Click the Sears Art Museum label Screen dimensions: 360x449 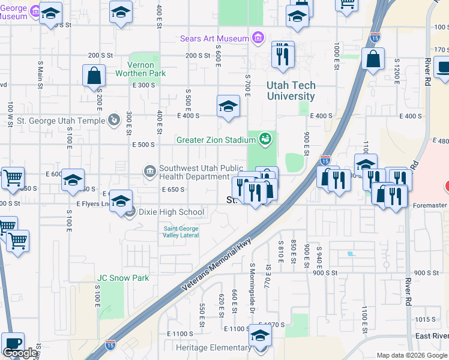point(214,39)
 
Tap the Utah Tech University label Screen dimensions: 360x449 point(291,91)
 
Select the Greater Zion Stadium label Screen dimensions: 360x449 point(216,140)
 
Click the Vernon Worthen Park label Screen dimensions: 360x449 point(146,69)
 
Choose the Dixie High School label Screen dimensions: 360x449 point(171,212)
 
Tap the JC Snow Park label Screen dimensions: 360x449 point(123,278)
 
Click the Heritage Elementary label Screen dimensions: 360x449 point(213,348)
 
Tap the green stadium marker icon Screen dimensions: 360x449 point(265,140)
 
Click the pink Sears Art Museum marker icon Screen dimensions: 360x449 point(258,39)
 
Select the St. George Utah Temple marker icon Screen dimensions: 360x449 point(114,121)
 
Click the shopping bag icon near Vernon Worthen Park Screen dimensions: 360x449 point(94,76)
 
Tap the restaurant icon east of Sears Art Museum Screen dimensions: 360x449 point(283,55)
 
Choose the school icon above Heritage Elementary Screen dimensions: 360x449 point(260,336)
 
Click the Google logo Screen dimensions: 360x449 point(20,353)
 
